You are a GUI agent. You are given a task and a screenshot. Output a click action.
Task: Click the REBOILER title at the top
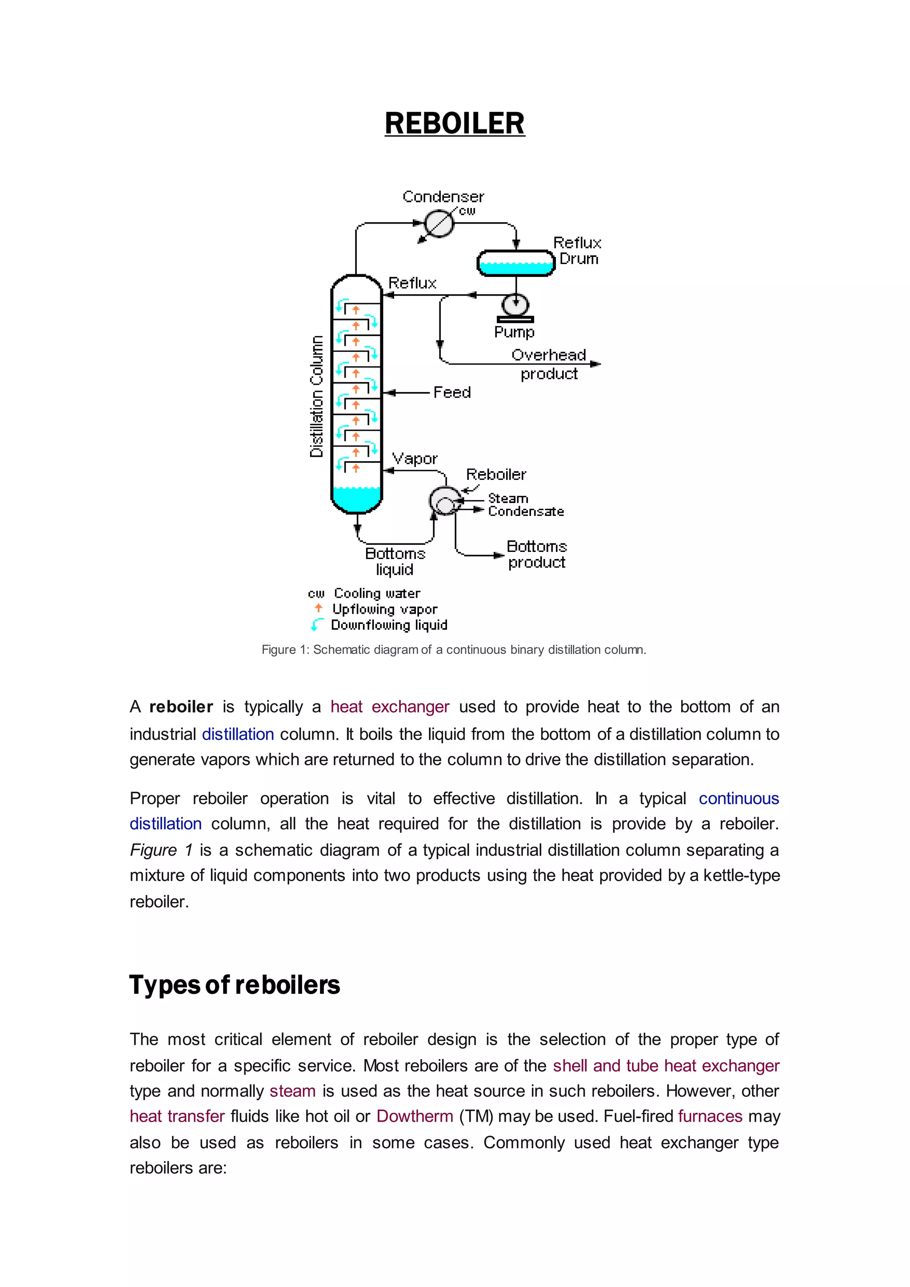coord(455,123)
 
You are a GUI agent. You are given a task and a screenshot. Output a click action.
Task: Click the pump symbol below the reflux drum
coord(515,307)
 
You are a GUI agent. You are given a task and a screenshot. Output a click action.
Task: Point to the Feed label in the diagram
coord(451,392)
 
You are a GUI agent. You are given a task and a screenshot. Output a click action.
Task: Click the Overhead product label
coord(549,364)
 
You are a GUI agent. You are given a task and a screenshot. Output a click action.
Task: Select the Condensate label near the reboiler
coord(526,511)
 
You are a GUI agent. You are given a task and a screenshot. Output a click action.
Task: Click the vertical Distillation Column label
coord(317,396)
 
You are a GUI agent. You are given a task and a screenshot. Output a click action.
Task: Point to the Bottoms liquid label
coord(395,561)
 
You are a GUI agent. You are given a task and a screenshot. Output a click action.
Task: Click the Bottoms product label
coord(536,554)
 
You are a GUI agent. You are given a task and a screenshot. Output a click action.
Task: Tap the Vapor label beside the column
coord(415,459)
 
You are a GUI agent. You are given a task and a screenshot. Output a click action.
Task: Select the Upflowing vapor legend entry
coord(384,609)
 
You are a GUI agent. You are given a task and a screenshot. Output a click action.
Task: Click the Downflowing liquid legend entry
coord(389,625)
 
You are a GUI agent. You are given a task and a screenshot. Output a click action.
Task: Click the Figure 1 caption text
coord(454,650)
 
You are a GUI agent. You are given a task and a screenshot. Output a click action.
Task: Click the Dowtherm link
coord(415,1116)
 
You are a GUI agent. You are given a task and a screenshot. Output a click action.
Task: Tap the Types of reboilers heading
coord(235,985)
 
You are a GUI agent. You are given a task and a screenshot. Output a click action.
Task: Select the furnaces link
coord(710,1116)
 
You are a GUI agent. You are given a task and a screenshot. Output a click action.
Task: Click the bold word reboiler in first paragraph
coord(181,707)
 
